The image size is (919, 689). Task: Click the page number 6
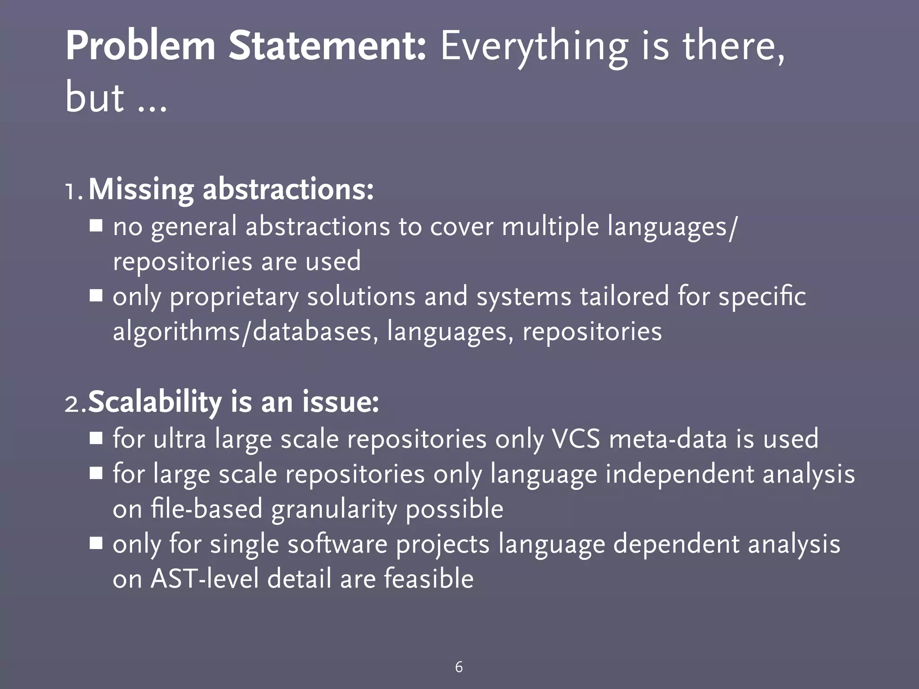point(459,667)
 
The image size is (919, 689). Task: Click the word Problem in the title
point(140,47)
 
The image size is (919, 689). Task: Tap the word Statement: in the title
point(327,47)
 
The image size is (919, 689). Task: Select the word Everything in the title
point(534,47)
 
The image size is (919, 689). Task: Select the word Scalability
point(155,403)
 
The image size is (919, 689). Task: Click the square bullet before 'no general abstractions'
point(96,225)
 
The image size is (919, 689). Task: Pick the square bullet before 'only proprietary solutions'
point(96,296)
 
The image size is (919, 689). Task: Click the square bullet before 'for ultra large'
point(96,438)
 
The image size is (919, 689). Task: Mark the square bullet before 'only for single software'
point(96,544)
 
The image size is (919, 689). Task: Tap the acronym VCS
point(576,439)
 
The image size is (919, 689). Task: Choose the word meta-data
point(668,439)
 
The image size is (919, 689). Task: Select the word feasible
point(429,579)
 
